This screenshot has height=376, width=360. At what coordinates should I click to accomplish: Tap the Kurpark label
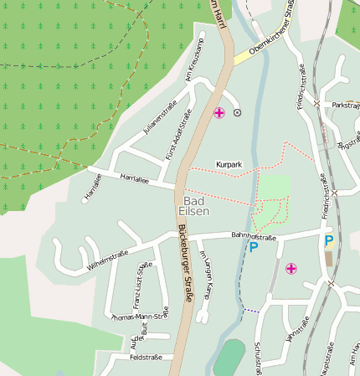[x=229, y=165]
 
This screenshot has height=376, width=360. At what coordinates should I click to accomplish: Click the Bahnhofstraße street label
[x=229, y=237]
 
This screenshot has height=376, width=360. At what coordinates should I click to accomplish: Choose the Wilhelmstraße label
[x=108, y=253]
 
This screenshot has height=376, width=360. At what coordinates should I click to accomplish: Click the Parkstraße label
[x=345, y=106]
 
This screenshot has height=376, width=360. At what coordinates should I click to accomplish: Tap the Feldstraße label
[x=122, y=357]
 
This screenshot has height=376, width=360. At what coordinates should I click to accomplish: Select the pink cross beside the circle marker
[x=219, y=112]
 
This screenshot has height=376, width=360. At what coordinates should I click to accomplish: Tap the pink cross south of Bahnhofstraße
[x=291, y=269]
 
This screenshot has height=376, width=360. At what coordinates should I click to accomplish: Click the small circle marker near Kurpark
[x=237, y=112]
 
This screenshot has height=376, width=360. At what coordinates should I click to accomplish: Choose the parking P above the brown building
[x=328, y=240]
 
